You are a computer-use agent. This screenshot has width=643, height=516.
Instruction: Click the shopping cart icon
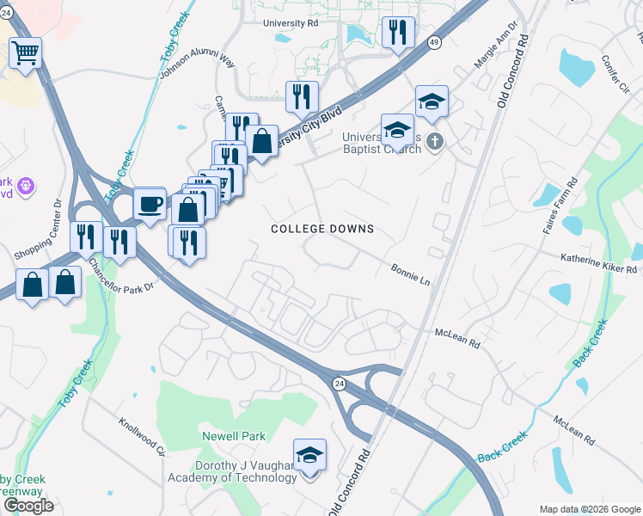(25, 53)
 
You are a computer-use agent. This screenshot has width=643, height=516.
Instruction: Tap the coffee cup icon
(150, 205)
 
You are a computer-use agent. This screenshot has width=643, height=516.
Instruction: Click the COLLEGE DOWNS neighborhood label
(322, 229)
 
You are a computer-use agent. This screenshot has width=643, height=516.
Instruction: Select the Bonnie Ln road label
(410, 274)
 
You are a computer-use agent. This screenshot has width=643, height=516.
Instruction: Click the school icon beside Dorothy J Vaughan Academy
(309, 455)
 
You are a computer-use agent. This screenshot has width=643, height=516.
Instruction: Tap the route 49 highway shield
(434, 41)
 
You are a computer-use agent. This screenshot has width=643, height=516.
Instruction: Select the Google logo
(28, 506)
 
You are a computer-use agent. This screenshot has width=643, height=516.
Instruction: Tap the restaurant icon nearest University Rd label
(396, 34)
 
